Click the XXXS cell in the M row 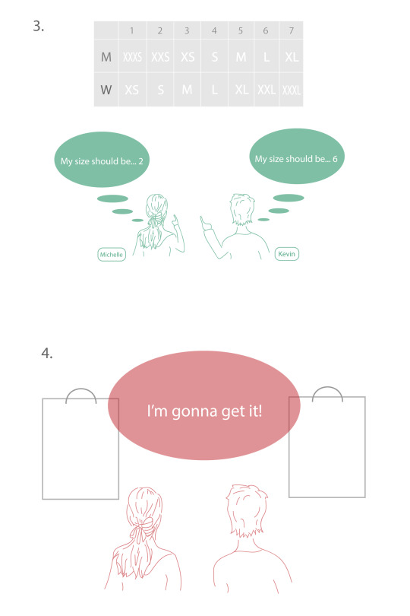[132, 57]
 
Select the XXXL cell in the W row [292, 90]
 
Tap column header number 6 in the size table [266, 30]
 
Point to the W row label [106, 90]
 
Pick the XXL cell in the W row [266, 90]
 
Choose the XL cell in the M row [292, 57]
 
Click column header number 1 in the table [132, 30]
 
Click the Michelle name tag [112, 255]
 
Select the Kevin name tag [287, 254]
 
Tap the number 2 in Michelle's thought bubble [140, 161]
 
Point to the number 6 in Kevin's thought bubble [335, 159]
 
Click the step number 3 [38, 27]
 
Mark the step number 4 [46, 353]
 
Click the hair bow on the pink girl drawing [143, 529]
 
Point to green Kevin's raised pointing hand [205, 224]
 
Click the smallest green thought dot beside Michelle [137, 221]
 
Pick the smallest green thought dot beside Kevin [263, 220]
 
